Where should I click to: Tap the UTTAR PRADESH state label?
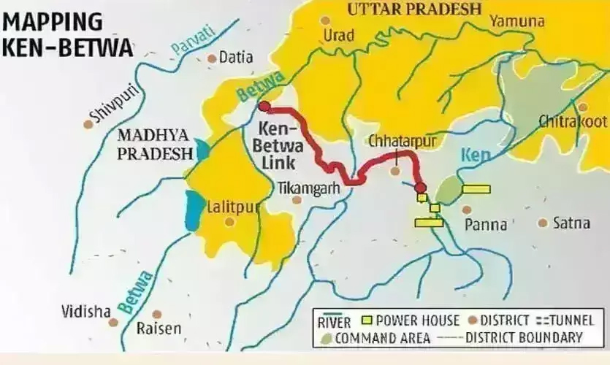(x=414, y=9)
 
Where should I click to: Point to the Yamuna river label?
(x=517, y=21)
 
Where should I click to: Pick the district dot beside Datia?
(x=212, y=58)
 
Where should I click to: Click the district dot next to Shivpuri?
(x=88, y=125)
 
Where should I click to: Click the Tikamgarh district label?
(x=310, y=188)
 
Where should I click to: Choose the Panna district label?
(x=486, y=224)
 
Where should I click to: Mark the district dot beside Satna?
(x=542, y=223)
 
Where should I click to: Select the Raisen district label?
(x=159, y=328)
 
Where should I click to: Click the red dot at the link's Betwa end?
(x=264, y=107)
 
